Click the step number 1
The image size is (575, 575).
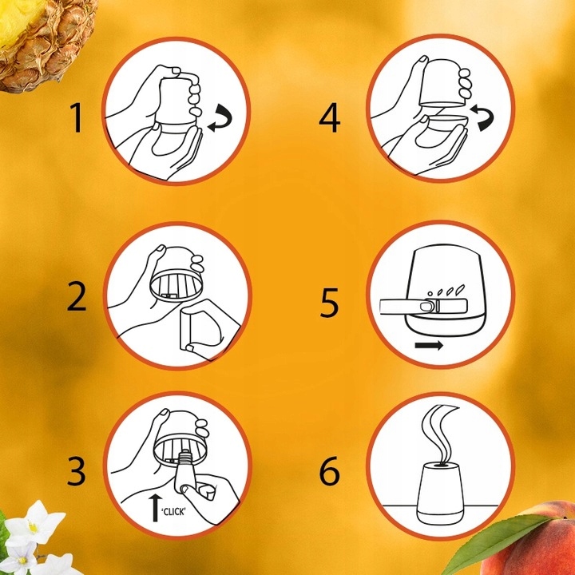[77, 117]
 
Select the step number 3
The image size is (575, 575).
[77, 470]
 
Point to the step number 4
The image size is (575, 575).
[329, 117]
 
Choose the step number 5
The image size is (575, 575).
[329, 303]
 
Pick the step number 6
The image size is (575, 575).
[329, 470]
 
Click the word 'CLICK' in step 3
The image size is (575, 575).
[173, 512]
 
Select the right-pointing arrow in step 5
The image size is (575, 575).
[429, 345]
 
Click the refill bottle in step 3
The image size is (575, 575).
[185, 470]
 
